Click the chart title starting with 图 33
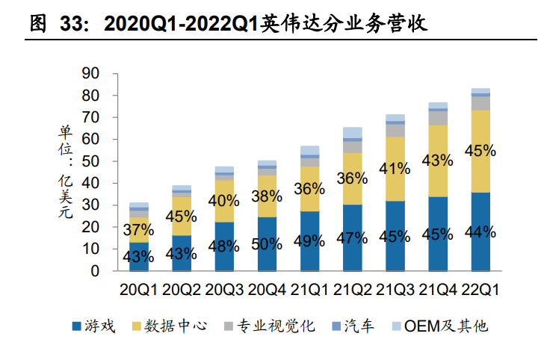point(228,23)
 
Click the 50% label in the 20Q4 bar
point(267,243)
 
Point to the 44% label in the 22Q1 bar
point(480,231)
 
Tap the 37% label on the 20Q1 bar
point(138,229)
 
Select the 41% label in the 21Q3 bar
point(395,169)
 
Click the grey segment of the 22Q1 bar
point(480,102)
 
